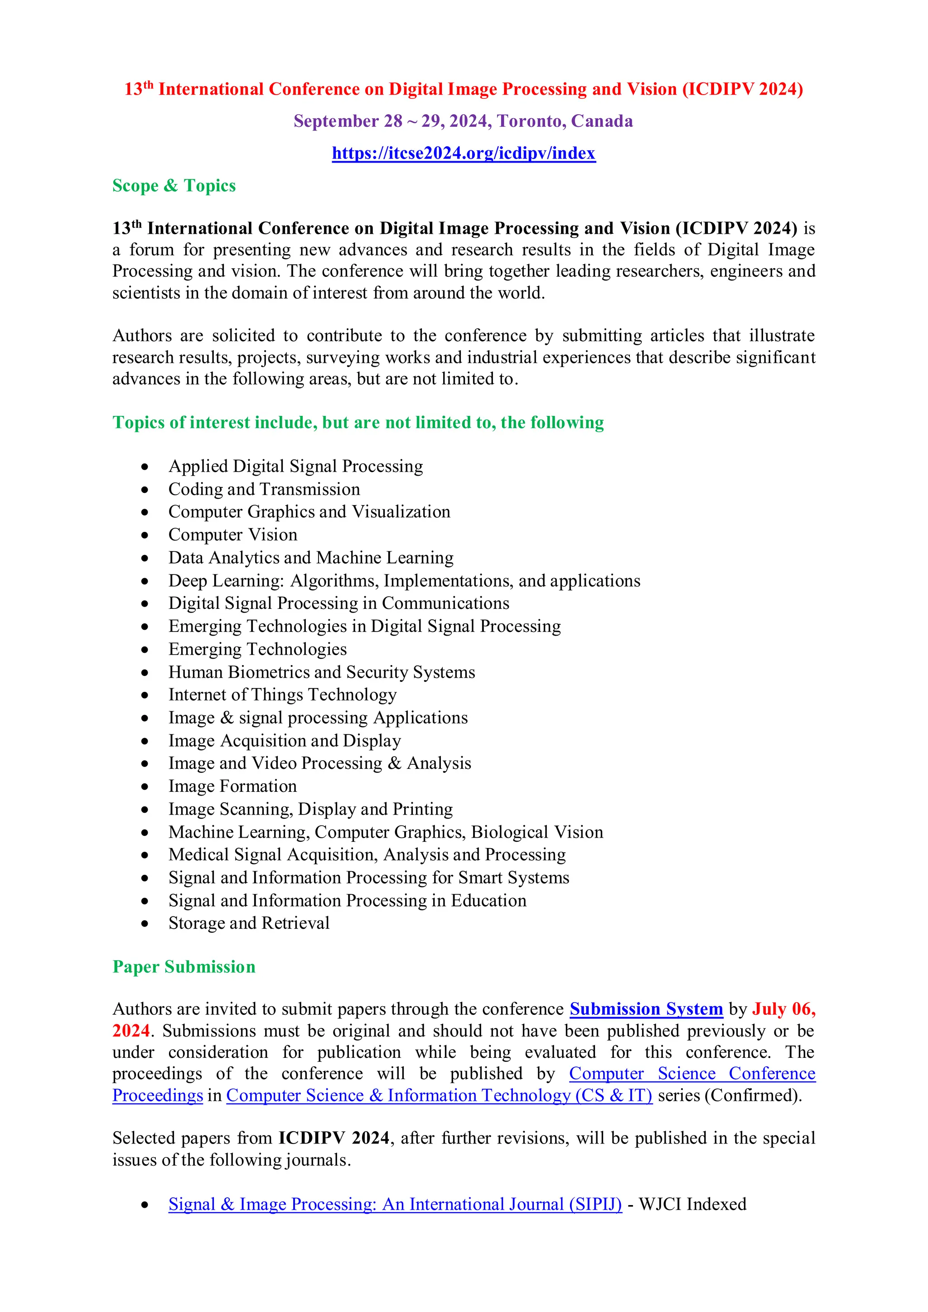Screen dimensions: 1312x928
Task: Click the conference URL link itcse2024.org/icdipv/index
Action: pyautogui.click(x=464, y=153)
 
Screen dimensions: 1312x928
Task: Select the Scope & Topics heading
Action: pyautogui.click(x=174, y=186)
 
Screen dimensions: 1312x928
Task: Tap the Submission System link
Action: pyautogui.click(x=646, y=1009)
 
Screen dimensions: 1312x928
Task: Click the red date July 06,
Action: pyautogui.click(x=783, y=1009)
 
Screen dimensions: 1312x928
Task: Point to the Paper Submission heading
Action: pyautogui.click(x=184, y=967)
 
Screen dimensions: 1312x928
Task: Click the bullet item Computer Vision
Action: pyautogui.click(x=232, y=535)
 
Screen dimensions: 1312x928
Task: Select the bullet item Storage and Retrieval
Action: pyautogui.click(x=249, y=923)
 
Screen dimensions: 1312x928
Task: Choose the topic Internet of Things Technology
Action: pyautogui.click(x=282, y=695)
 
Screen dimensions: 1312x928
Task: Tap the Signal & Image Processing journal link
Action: pyautogui.click(x=395, y=1205)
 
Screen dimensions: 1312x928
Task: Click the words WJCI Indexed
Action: pyautogui.click(x=692, y=1205)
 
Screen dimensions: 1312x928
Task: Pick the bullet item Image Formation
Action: pyautogui.click(x=232, y=786)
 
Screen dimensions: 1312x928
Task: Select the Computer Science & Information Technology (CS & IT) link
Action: pyautogui.click(x=439, y=1095)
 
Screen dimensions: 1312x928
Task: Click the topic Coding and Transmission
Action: pyautogui.click(x=264, y=489)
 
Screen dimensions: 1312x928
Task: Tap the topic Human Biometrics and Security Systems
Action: pyautogui.click(x=321, y=672)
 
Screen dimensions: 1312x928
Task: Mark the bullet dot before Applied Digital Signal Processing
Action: pyautogui.click(x=145, y=467)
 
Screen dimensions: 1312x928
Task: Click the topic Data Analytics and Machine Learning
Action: pyautogui.click(x=311, y=558)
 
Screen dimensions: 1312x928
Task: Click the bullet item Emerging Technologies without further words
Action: pyautogui.click(x=257, y=649)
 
